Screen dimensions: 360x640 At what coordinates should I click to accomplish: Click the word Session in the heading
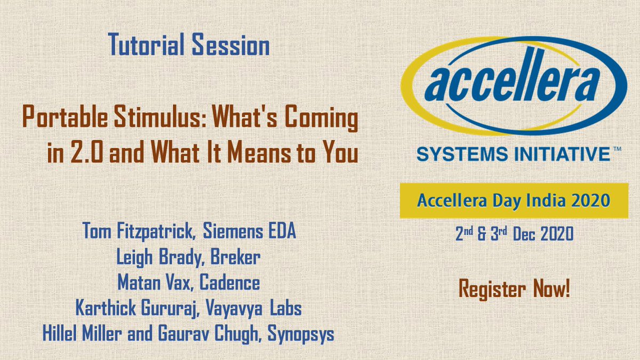tap(228, 46)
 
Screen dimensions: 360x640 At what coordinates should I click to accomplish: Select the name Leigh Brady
tap(157, 257)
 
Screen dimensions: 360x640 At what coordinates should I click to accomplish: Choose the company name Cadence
tap(229, 283)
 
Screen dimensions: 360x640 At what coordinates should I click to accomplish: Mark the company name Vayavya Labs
tap(261, 308)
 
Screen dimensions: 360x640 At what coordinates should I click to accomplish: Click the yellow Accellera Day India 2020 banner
tap(513, 201)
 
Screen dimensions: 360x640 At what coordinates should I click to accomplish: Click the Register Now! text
tap(514, 291)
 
